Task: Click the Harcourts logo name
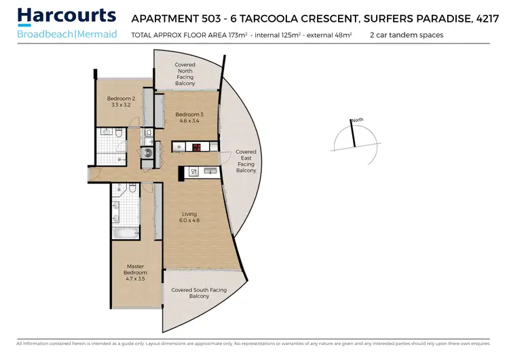(x=67, y=16)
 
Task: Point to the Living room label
(x=189, y=214)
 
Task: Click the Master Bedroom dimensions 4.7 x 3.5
(x=134, y=278)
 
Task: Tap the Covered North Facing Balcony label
(x=185, y=74)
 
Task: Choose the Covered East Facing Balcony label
(x=246, y=162)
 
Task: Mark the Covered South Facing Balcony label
(x=200, y=293)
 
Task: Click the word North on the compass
(x=357, y=120)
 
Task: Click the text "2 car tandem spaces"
(x=407, y=34)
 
